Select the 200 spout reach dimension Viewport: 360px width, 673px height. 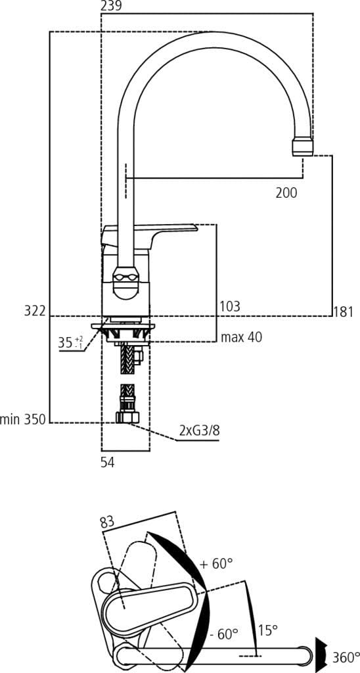click(x=286, y=193)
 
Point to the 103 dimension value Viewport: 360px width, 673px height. click(x=229, y=306)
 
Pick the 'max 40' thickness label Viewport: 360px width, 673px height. click(x=241, y=337)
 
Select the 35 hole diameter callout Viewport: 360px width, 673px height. click(x=70, y=342)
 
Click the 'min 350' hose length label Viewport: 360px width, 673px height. click(x=23, y=419)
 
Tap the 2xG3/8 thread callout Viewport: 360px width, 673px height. click(x=200, y=431)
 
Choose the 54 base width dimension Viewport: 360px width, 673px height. click(x=108, y=463)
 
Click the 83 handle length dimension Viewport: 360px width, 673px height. click(x=107, y=522)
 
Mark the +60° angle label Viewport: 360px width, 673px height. click(x=216, y=564)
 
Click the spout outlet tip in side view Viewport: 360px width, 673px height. click(x=302, y=146)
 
